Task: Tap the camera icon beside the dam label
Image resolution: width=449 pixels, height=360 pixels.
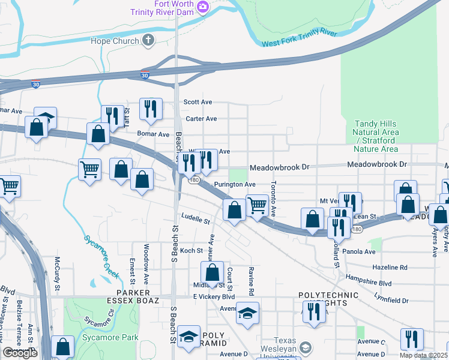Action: point(203,7)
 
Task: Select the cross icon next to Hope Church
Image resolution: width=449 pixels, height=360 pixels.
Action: point(148,41)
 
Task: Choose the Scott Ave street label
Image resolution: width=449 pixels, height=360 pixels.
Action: point(198,102)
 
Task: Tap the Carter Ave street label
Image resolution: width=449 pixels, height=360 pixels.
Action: point(201,119)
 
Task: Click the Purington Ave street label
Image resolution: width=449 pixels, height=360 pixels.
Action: point(235,185)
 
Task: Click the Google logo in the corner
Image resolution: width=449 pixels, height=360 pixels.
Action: point(20,353)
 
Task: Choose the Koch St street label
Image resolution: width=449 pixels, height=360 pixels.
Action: point(191,251)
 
